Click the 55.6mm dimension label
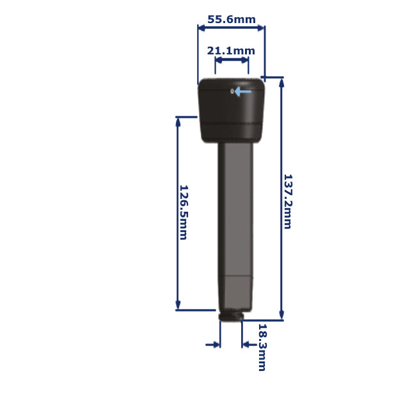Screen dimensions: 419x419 click(x=231, y=19)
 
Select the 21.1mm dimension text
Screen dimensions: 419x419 click(x=231, y=51)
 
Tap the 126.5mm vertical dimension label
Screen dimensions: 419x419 click(x=183, y=212)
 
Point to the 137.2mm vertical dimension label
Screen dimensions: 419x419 click(x=287, y=202)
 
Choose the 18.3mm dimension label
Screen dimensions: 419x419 click(x=262, y=347)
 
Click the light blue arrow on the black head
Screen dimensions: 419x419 click(x=243, y=91)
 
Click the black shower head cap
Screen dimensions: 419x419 click(x=231, y=110)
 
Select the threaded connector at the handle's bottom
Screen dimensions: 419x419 click(x=231, y=317)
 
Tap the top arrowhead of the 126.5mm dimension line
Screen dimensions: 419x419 click(x=178, y=122)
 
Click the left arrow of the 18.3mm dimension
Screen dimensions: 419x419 click(x=214, y=345)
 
